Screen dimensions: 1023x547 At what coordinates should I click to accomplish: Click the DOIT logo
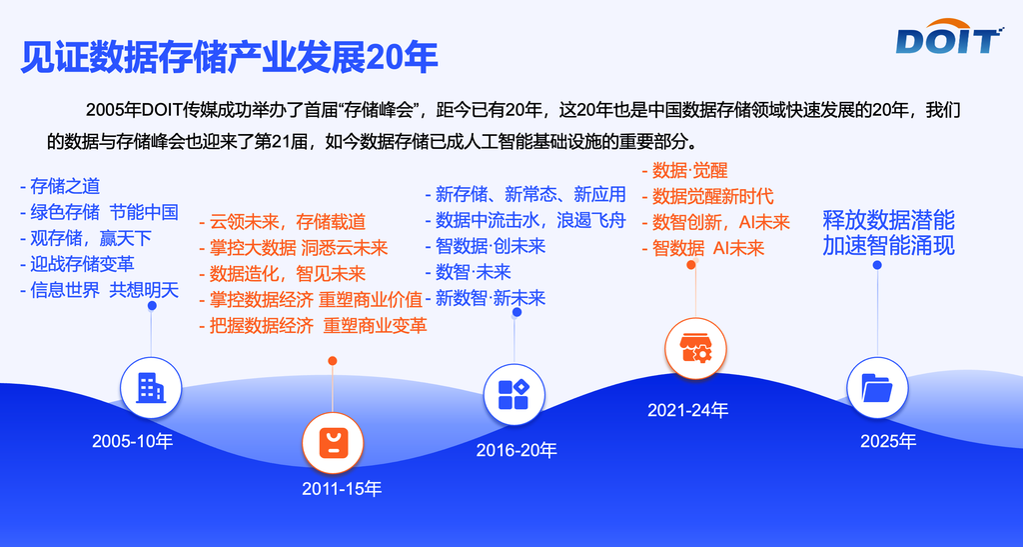tap(949, 37)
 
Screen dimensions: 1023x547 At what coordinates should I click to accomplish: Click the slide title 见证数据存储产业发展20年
tap(229, 57)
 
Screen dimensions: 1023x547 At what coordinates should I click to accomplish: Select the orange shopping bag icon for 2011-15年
tap(333, 443)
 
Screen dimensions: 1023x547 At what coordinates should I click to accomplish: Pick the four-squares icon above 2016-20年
tap(514, 394)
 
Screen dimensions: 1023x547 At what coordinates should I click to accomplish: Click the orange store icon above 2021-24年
tap(695, 348)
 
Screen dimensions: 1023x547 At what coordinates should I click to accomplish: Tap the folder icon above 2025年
tap(877, 388)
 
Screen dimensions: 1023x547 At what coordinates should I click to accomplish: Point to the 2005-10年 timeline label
tap(133, 441)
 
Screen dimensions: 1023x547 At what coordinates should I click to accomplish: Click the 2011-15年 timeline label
tap(342, 488)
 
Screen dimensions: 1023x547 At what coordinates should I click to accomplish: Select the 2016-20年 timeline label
tap(516, 450)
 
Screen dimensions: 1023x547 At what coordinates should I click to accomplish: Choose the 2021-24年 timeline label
tap(687, 410)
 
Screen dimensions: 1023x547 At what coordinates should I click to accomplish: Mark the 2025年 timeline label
tap(888, 441)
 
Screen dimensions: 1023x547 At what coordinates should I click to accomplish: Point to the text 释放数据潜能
tap(888, 220)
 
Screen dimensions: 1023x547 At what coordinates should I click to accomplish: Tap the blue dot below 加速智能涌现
tap(877, 265)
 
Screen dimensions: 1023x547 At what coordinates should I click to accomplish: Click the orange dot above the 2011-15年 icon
tap(333, 361)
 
